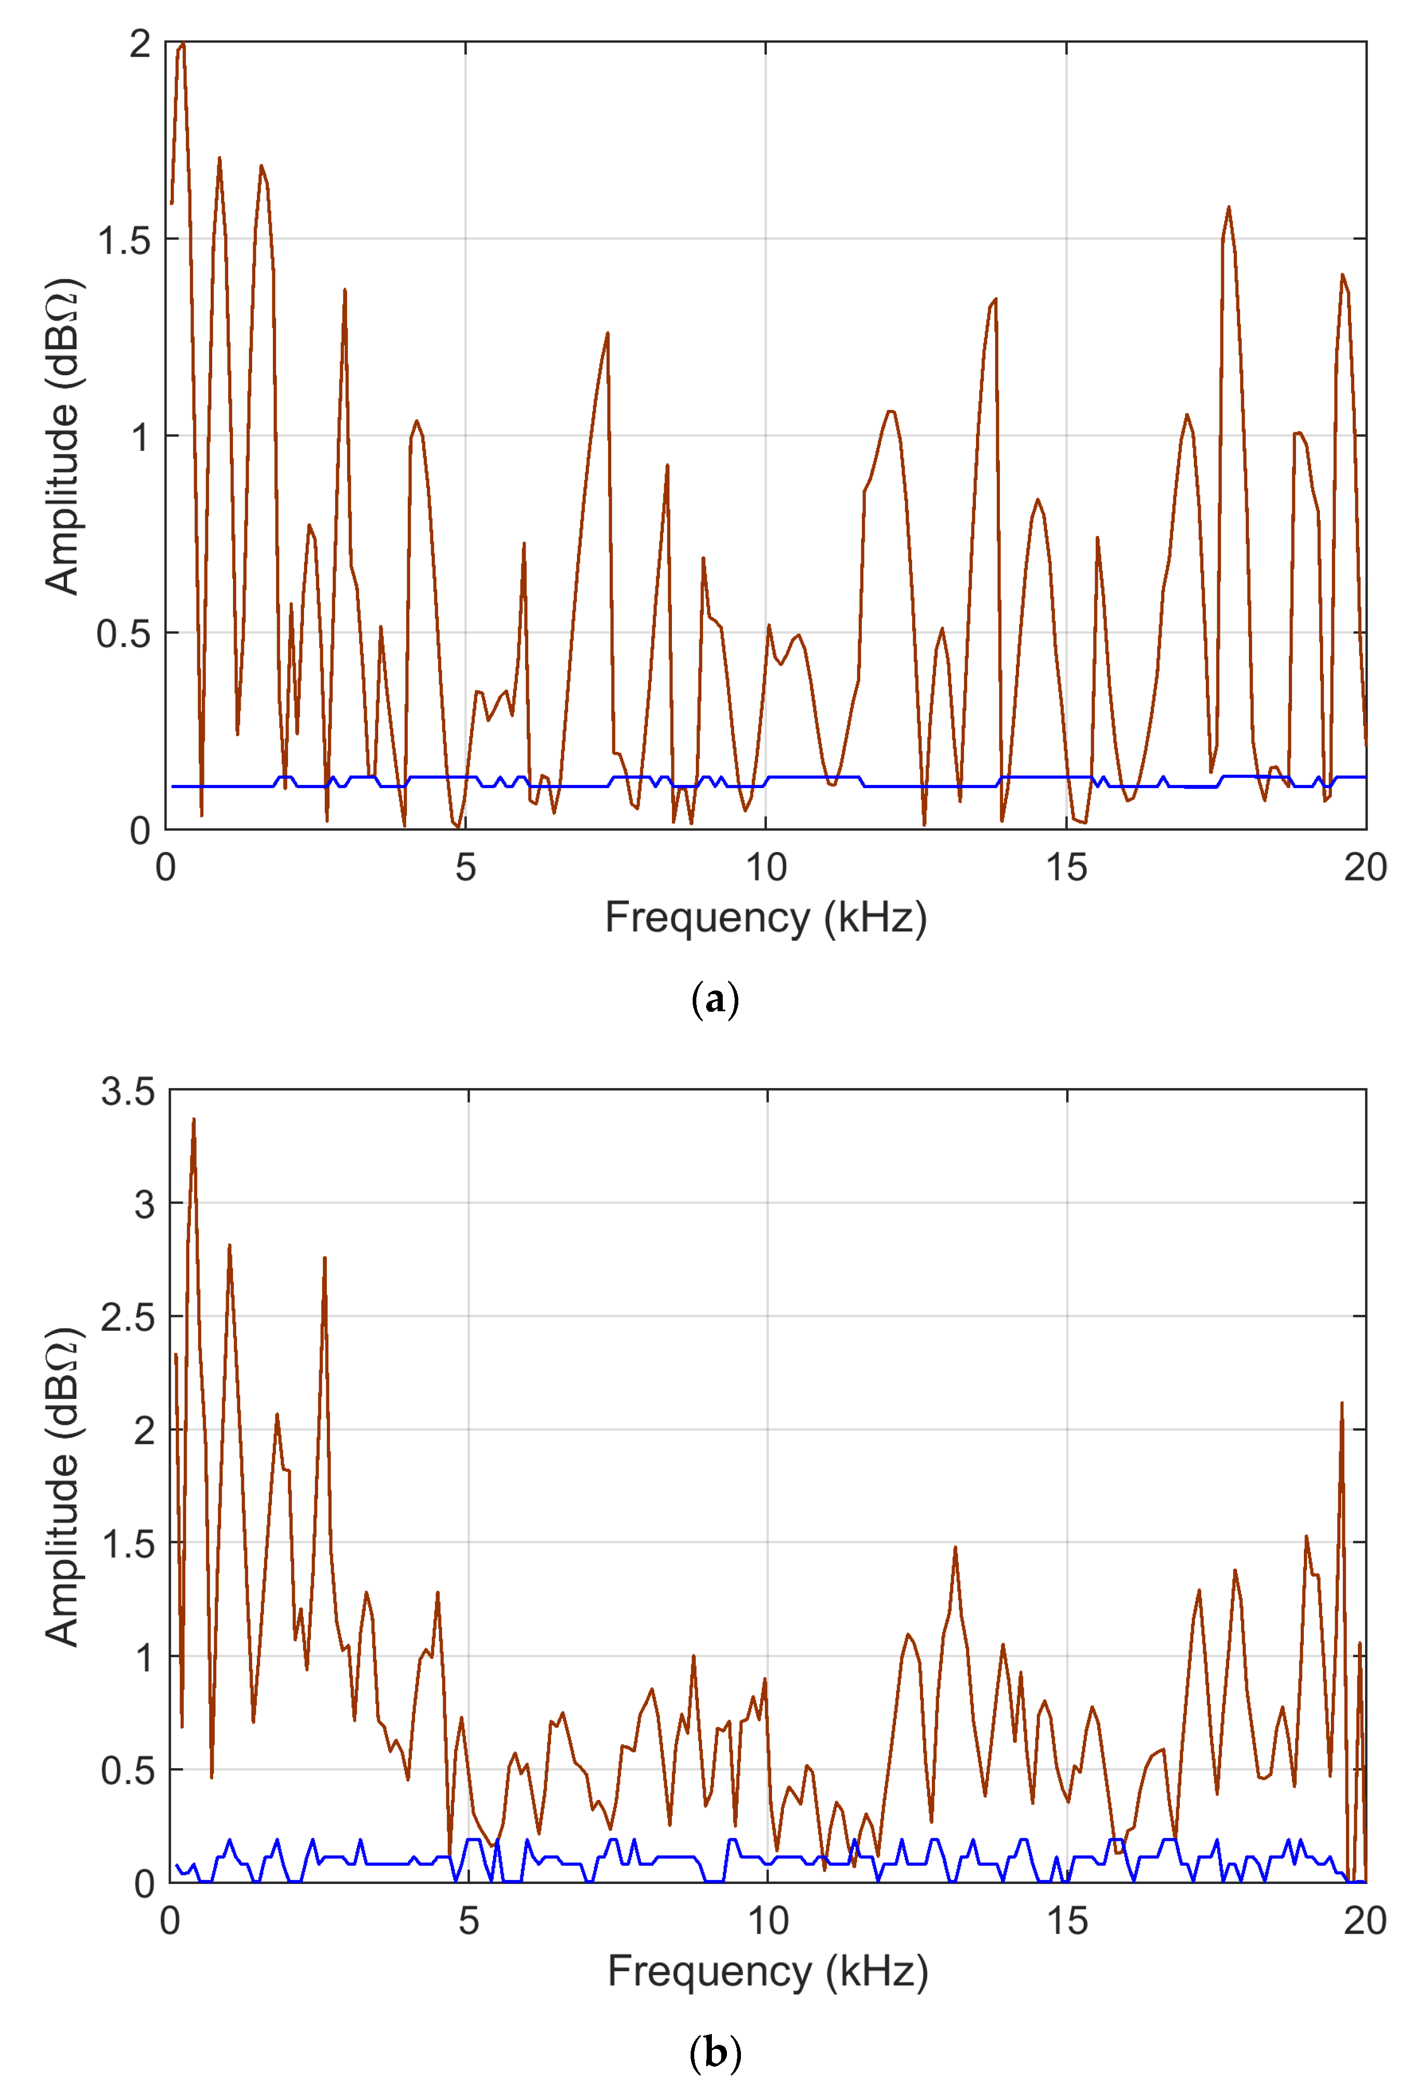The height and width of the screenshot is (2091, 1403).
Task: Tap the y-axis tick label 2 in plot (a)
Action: point(140,43)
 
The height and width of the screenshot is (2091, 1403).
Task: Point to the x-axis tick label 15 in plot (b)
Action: point(1067,1921)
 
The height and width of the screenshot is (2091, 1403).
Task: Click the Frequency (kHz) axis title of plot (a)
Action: point(765,918)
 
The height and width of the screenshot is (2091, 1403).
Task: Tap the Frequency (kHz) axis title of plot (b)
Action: point(768,1971)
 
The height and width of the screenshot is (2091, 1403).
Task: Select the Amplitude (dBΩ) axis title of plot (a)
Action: point(63,437)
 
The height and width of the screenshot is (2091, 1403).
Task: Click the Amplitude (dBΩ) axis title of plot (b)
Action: point(63,1487)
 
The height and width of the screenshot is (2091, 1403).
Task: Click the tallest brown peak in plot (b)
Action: point(193,1120)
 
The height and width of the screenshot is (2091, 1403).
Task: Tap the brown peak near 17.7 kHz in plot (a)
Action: point(1229,209)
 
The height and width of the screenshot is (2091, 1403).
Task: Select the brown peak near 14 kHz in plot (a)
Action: point(995,300)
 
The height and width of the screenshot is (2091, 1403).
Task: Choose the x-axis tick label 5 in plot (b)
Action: point(468,1921)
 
